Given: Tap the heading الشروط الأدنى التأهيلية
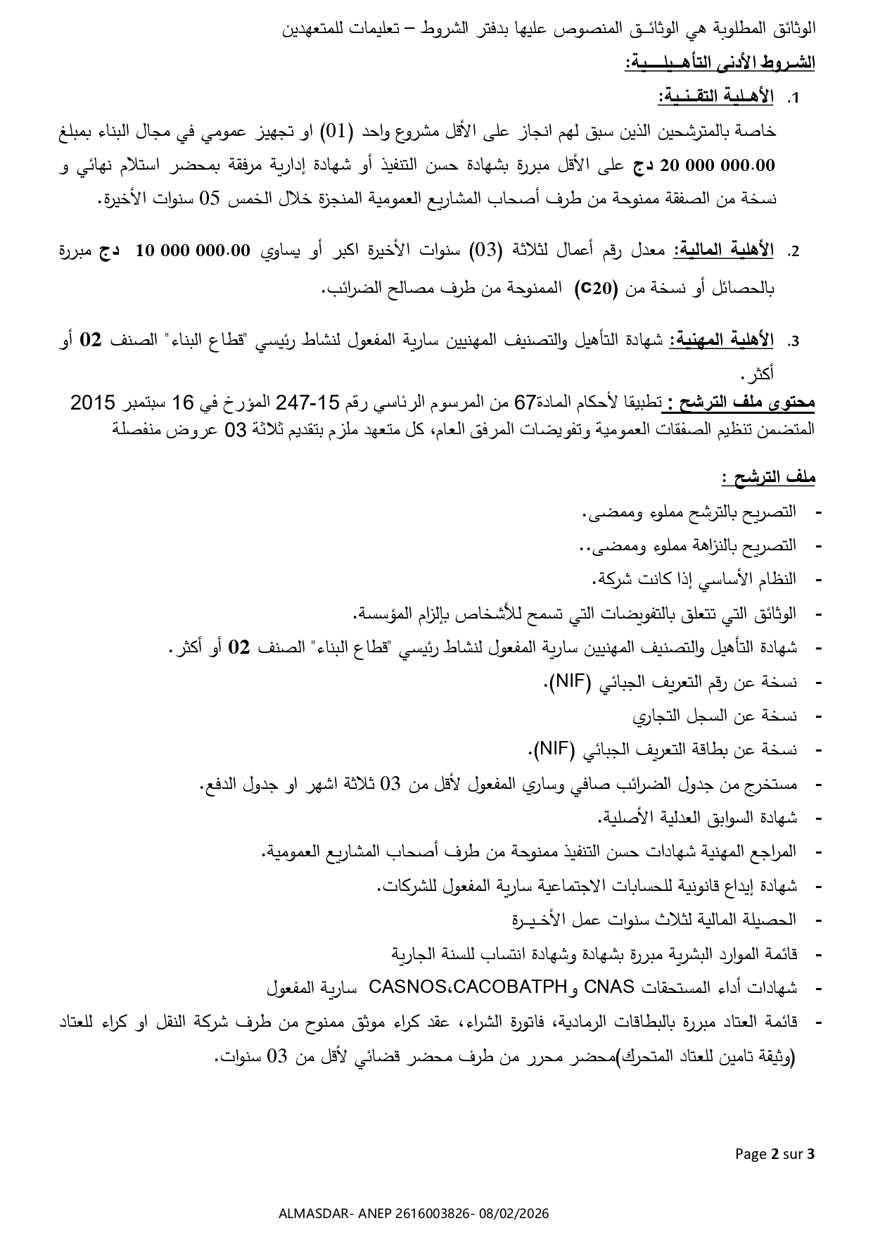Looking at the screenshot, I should (720, 63).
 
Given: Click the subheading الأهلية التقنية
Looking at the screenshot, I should (715, 96).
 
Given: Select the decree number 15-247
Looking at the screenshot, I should (307, 403).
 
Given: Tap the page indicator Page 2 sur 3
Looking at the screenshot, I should (775, 1153).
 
